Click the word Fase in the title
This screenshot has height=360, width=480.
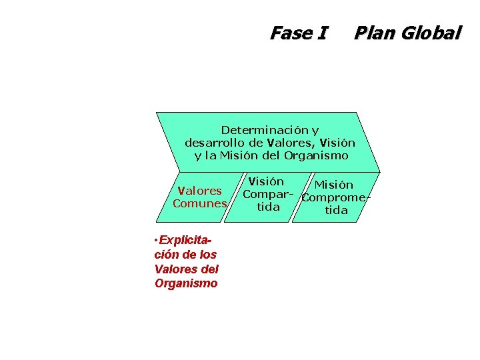289,33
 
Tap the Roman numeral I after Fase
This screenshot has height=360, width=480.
323,33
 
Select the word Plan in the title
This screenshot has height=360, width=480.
374,33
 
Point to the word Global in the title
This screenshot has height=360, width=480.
431,33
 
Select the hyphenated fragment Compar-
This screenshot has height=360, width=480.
268,195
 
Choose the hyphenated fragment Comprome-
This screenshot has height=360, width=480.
335,198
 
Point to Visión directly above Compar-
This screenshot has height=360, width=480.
265,182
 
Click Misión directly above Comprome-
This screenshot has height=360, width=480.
334,185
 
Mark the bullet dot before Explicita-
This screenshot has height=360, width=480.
154,239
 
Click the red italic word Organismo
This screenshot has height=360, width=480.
186,283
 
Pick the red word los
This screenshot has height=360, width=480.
207,254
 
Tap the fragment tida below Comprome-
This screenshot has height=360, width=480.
336,211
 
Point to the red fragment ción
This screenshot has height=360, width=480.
166,254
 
